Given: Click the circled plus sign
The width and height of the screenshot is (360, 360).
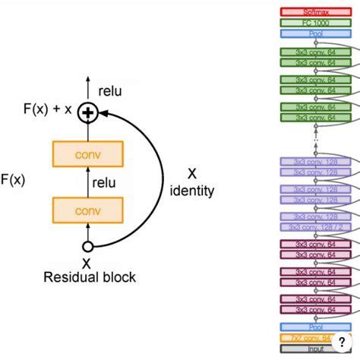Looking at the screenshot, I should [x=88, y=113].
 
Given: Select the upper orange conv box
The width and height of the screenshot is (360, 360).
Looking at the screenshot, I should [x=87, y=154].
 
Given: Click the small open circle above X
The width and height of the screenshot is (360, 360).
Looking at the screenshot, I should [x=87, y=246].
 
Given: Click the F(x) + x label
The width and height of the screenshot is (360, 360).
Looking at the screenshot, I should [x=47, y=109].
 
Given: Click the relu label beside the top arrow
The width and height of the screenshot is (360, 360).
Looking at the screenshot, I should [x=110, y=91].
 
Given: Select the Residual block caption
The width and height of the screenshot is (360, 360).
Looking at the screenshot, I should [x=89, y=277].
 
